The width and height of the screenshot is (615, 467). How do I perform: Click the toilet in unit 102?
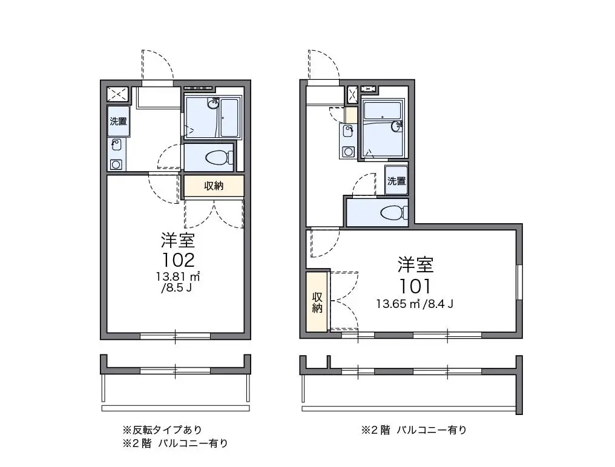point(219,158)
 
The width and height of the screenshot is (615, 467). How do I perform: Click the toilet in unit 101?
point(394,213)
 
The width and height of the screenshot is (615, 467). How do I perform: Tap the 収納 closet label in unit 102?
point(214,186)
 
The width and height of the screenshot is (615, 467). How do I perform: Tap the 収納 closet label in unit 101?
point(317,302)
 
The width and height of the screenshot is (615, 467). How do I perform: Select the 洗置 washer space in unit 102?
point(119,121)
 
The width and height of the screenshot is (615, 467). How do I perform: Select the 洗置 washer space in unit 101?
point(396,181)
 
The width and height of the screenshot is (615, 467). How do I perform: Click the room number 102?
point(178,260)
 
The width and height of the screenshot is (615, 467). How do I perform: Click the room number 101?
point(415,286)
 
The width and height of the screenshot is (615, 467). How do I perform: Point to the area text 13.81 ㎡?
point(179,276)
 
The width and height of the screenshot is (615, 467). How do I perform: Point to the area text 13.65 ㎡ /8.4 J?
point(415,304)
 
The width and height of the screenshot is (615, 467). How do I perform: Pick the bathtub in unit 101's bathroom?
point(383,111)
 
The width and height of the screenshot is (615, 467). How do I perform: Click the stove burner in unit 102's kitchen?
point(116,165)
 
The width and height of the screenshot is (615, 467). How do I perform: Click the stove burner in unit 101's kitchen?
point(347,151)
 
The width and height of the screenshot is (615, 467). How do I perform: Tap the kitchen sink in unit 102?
point(116,145)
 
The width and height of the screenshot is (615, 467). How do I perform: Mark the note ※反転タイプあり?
point(162,429)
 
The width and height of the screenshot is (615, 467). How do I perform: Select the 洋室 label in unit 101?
point(415,265)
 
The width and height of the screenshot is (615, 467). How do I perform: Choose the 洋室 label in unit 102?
point(178,240)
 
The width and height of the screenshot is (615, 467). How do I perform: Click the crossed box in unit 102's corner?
point(117,94)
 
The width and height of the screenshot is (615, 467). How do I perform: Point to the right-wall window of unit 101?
point(519,282)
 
